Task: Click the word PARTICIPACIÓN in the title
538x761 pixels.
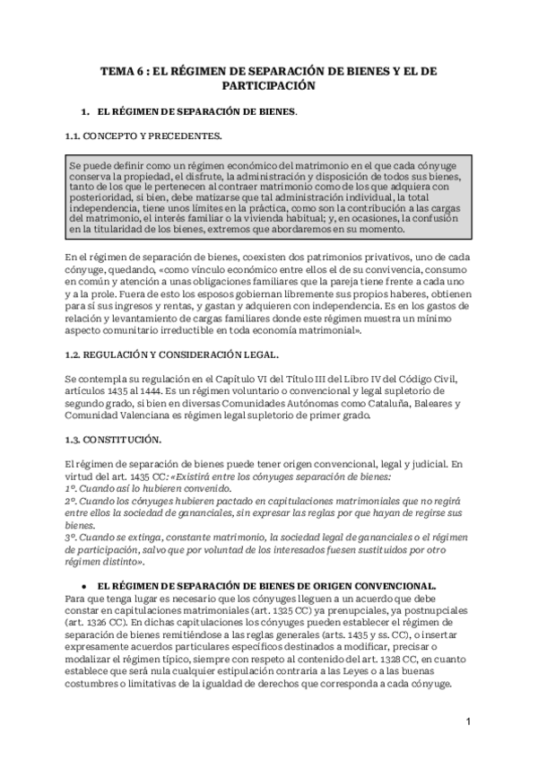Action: click(x=269, y=87)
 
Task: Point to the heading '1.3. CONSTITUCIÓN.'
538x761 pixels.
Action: click(x=113, y=440)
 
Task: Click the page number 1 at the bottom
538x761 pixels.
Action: click(x=469, y=722)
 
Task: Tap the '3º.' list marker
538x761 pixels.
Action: click(x=72, y=537)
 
